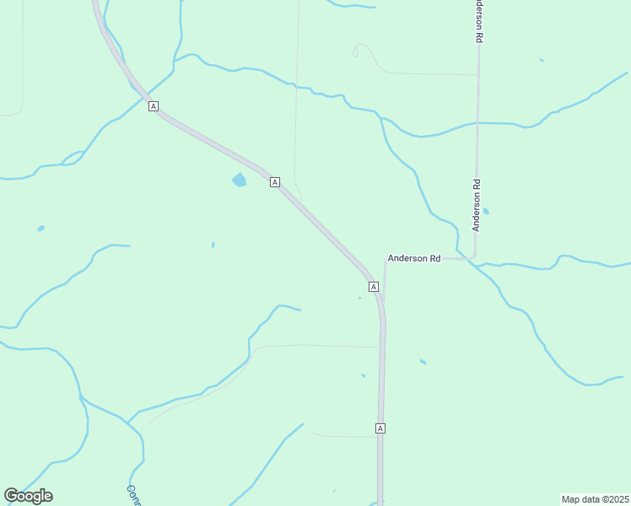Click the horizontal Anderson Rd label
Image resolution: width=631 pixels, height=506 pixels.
coord(413,258)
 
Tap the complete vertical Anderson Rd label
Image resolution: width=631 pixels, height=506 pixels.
coord(477,205)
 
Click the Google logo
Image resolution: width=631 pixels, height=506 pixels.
coord(28,496)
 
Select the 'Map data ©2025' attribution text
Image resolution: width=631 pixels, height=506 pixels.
coord(595,499)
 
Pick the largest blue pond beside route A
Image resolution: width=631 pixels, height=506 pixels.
coord(239,180)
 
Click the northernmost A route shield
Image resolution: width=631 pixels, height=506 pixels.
coord(153,105)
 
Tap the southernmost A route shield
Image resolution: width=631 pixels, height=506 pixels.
coord(380,428)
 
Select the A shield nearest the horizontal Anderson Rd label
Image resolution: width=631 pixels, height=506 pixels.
coord(373,287)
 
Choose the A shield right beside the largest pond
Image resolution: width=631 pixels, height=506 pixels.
coord(275,181)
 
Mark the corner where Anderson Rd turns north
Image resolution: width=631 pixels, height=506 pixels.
coord(474,257)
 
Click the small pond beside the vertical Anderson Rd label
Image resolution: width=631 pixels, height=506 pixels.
coord(486,211)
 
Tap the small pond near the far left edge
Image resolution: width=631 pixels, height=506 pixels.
coord(40,229)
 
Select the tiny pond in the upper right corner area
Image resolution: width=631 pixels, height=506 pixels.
coord(542,60)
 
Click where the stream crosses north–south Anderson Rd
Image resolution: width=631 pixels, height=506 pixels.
coord(477,123)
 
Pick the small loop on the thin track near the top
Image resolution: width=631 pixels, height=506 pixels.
coord(356,53)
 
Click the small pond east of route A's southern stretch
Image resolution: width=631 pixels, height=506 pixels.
coord(423,362)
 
